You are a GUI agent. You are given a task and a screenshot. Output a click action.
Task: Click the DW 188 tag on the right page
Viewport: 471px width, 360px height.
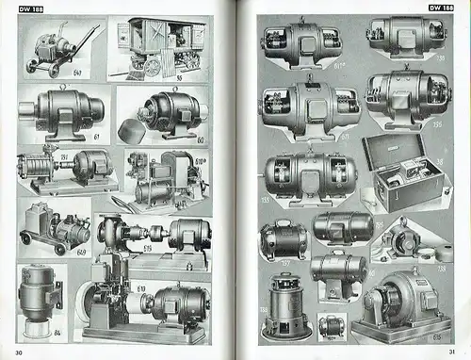(439, 8)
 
